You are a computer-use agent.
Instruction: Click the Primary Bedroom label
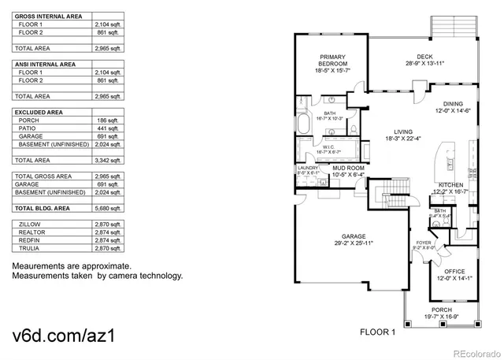click(x=333, y=60)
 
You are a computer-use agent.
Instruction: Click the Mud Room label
click(x=347, y=168)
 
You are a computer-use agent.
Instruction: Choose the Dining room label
click(x=453, y=104)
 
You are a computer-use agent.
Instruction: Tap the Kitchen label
click(x=451, y=185)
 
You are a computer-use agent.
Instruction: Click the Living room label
click(x=404, y=132)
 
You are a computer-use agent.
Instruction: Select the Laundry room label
click(x=307, y=168)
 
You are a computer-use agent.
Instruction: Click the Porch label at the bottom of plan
click(x=441, y=310)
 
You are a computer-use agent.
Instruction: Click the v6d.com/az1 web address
click(x=66, y=335)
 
